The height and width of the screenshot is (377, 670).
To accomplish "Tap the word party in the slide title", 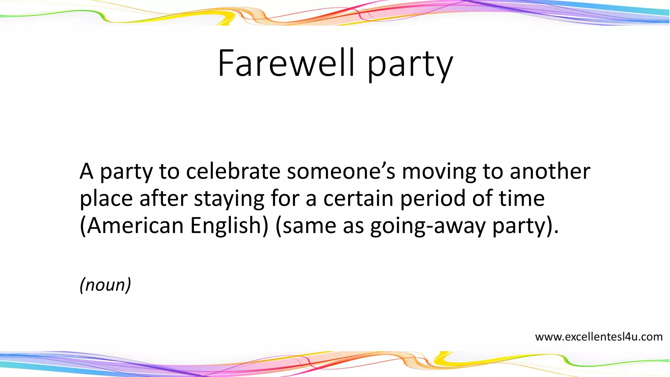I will point(410,64).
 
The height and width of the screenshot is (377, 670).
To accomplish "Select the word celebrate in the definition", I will point(233,171).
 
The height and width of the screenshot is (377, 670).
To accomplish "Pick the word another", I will point(550,171).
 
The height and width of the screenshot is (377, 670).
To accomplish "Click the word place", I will point(106,199).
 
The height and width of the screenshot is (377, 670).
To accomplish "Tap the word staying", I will point(229,199).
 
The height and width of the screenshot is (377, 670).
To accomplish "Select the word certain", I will point(358,198).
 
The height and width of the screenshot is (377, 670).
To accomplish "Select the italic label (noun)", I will point(105,284).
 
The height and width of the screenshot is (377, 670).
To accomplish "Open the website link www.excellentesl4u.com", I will point(598,337).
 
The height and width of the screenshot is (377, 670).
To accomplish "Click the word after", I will point(163,198).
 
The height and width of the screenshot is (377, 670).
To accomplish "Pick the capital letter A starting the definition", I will point(86,171).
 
